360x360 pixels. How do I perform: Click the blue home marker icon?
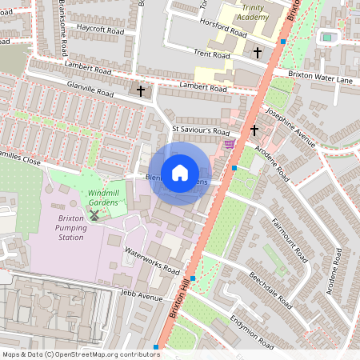tap(180, 173)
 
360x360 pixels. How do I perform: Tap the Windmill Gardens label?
tap(103, 198)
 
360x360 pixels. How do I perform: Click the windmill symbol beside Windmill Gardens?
tap(94, 214)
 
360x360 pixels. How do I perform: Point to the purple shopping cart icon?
tap(230, 144)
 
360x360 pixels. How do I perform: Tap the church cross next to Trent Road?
tap(258, 53)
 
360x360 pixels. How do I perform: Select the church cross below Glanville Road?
tap(141, 91)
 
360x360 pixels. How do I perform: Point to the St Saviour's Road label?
tap(201, 130)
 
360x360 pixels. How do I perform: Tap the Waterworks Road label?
tap(151, 261)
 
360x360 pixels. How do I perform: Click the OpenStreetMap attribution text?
tap(80, 354)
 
